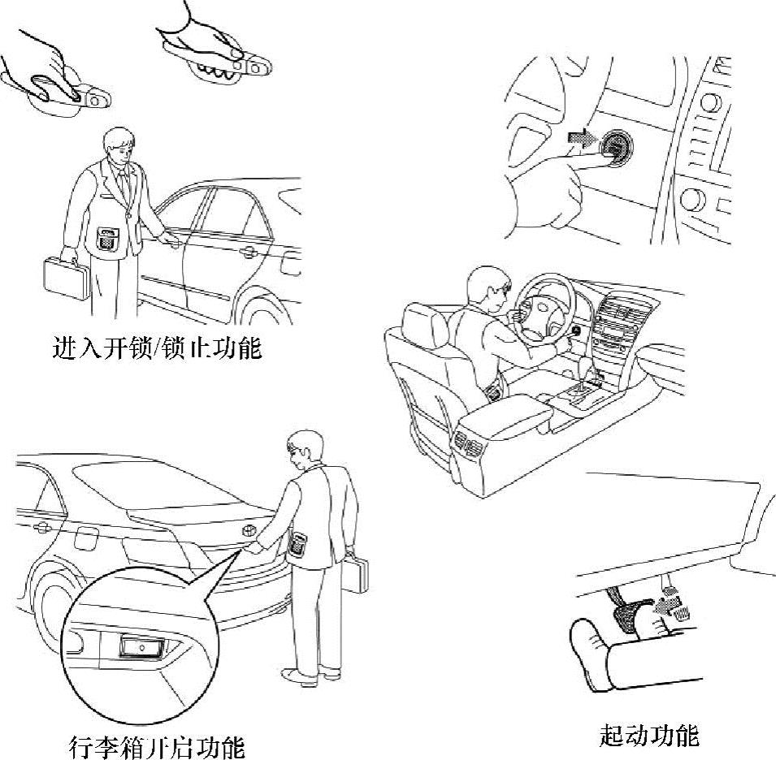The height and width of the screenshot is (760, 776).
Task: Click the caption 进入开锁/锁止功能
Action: coord(157,348)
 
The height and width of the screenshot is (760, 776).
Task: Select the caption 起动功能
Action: coord(649,736)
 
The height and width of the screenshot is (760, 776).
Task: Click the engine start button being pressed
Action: coord(616,146)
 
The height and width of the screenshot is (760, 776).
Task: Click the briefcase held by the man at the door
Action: coord(67,278)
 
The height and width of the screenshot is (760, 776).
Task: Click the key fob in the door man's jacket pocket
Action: coord(105,238)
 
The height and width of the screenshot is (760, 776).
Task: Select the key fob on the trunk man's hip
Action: coord(297,543)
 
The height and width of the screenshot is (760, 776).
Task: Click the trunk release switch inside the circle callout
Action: coord(142,647)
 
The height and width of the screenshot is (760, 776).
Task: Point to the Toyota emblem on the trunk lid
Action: coord(248,530)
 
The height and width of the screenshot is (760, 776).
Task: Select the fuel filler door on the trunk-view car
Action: coord(85,538)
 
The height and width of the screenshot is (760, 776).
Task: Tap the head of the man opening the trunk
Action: coord(303,447)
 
